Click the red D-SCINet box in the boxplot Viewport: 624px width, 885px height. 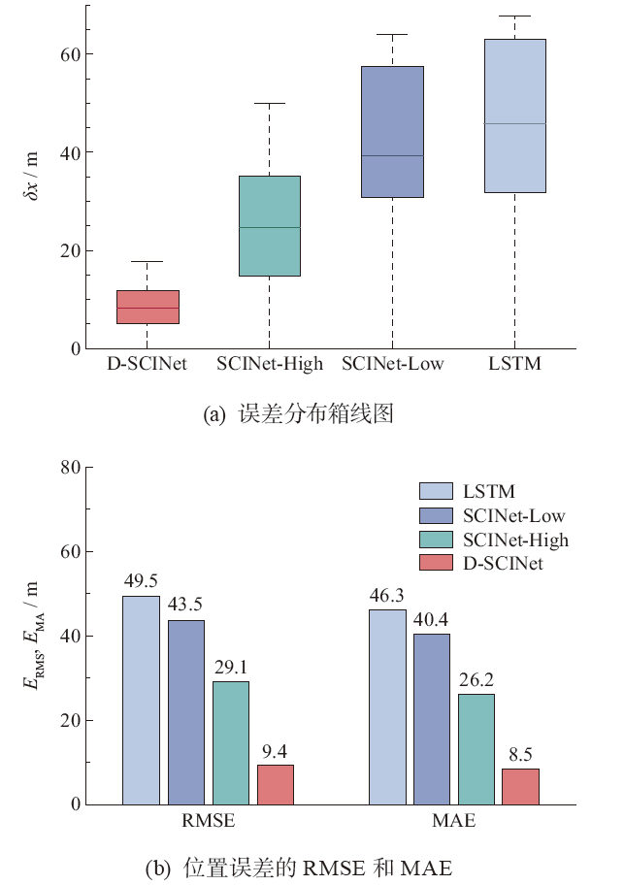tap(148, 307)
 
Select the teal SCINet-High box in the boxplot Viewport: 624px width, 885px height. tap(269, 225)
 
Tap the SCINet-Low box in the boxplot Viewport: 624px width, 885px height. tap(392, 132)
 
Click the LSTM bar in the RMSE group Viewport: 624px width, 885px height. tap(141, 700)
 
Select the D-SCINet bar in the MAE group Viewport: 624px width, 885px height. tap(520, 786)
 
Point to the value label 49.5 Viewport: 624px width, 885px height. tap(141, 582)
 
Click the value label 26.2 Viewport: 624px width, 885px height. tap(476, 680)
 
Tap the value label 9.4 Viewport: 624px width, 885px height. tap(276, 751)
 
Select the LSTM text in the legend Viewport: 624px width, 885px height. tap(489, 492)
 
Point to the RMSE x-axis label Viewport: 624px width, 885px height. tap(208, 823)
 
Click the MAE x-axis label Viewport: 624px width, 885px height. tap(454, 823)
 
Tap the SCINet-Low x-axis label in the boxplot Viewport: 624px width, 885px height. tap(392, 364)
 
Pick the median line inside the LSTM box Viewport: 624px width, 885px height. tap(514, 123)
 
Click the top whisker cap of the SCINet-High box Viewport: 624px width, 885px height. tap(269, 103)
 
